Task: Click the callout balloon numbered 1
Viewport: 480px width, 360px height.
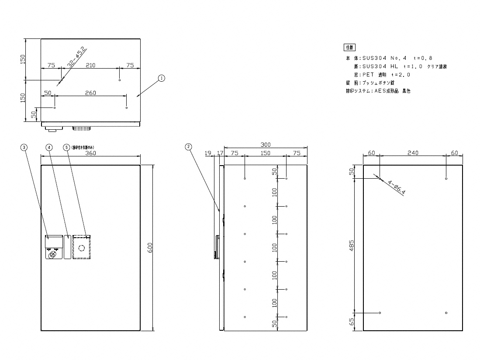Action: click(161, 78)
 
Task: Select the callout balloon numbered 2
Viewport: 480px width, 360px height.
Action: click(188, 147)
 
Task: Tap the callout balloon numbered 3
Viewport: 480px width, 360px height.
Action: click(24, 147)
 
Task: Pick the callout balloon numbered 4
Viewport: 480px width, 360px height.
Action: click(49, 147)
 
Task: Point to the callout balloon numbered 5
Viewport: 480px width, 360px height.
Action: click(66, 147)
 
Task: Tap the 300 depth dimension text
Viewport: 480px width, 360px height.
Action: click(265, 145)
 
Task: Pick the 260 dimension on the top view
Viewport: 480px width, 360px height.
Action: click(90, 93)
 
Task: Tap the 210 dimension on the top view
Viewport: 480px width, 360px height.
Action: click(90, 65)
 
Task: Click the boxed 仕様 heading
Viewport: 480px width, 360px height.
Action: click(349, 47)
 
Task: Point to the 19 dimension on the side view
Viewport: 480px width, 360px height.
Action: click(207, 153)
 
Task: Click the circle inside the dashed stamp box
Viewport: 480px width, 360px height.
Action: click(81, 248)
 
